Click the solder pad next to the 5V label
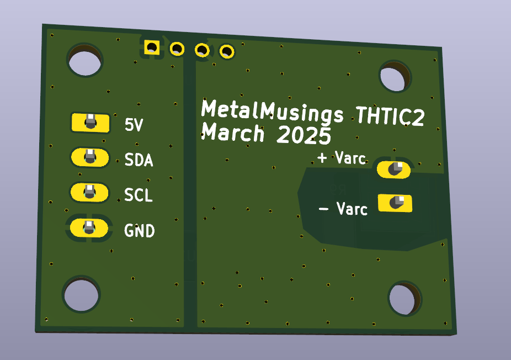(x=89, y=122)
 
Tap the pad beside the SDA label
(x=89, y=157)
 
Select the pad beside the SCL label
(x=89, y=192)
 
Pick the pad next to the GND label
(x=88, y=227)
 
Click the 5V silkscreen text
(x=134, y=126)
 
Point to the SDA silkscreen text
(x=139, y=161)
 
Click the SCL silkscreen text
(x=138, y=195)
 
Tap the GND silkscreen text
(x=139, y=231)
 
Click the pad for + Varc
(x=394, y=170)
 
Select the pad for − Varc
(x=395, y=203)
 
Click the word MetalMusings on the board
(x=273, y=112)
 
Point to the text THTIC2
(x=390, y=117)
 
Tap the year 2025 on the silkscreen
(x=304, y=136)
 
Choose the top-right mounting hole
(x=395, y=77)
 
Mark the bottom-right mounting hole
(x=405, y=299)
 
